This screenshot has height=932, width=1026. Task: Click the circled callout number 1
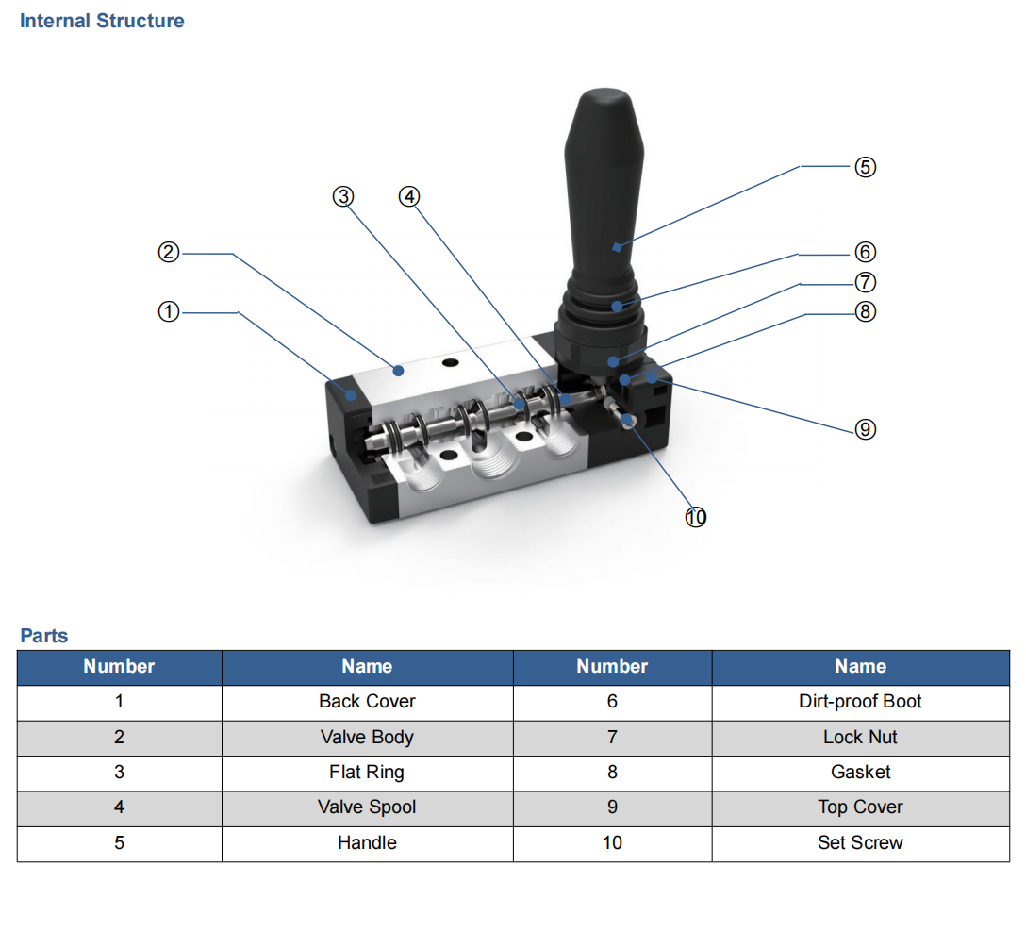coord(168,311)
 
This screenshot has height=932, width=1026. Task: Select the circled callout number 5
coord(865,167)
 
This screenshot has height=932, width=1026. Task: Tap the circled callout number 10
coord(695,517)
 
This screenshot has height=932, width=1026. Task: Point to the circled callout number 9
coord(865,429)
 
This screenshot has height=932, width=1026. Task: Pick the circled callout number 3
coord(343,196)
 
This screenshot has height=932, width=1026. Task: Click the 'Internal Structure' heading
coord(102,21)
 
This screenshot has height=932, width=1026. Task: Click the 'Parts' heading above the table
coord(44,636)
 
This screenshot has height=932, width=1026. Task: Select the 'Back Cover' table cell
coord(367,702)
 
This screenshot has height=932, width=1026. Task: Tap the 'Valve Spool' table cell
coord(367,807)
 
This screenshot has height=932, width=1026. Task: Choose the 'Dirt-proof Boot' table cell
coord(860,702)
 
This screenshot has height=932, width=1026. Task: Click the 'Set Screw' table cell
coord(860,843)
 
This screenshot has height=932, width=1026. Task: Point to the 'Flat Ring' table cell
coord(367,773)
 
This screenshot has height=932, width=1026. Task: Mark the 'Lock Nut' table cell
coord(860,737)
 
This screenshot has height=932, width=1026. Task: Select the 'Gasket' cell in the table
coord(860,773)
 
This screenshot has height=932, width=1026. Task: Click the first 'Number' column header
coord(119,667)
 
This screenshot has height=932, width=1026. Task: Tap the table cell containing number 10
coord(612,843)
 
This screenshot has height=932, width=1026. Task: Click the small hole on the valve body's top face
coord(450,363)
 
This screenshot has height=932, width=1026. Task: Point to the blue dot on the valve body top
coord(399,371)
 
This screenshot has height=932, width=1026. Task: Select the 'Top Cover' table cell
coord(860,807)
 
